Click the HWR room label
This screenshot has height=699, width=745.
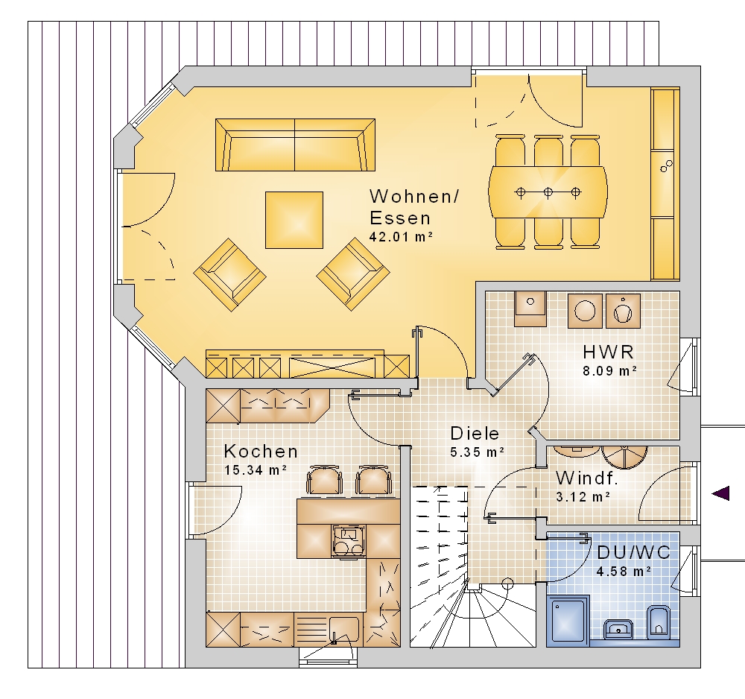(608, 352)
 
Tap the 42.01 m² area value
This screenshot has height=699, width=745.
(401, 237)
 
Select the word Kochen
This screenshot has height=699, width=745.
(261, 451)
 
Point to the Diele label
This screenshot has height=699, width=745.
(475, 434)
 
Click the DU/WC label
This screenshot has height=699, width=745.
(633, 552)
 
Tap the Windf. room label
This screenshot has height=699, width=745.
(587, 478)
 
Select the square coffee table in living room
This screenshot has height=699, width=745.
(294, 220)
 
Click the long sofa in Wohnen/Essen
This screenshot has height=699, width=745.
(295, 145)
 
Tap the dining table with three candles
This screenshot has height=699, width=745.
(548, 192)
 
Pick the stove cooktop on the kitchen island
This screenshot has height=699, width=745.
(349, 541)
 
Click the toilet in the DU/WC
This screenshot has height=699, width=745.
(659, 621)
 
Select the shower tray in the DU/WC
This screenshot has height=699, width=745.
(568, 621)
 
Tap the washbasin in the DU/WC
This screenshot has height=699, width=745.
(618, 628)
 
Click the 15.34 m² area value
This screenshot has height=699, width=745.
(255, 470)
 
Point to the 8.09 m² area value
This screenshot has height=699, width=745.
(609, 370)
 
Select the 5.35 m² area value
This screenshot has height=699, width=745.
(477, 452)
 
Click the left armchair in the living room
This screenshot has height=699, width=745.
(230, 275)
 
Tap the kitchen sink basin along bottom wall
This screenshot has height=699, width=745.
(344, 628)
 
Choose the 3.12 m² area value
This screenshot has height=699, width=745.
(583, 497)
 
